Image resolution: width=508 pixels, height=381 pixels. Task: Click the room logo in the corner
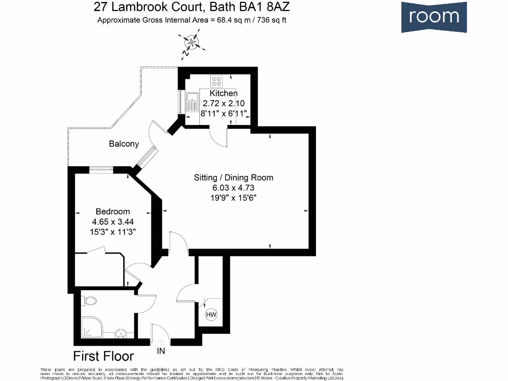point(434,17)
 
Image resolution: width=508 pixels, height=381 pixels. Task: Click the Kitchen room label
point(224,93)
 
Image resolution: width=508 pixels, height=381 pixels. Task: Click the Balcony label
point(124,144)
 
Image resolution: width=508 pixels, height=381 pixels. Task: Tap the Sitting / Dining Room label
point(233,178)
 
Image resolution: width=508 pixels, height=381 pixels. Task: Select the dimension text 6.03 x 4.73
point(233,188)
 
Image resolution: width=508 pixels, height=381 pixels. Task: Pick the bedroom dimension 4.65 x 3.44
point(113,222)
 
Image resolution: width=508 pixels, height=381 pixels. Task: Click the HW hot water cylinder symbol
point(210,315)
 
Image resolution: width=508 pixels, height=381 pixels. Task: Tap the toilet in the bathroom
point(90,301)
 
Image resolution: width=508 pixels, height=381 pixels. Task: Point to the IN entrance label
point(161,351)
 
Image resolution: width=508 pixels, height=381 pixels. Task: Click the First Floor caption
point(103,356)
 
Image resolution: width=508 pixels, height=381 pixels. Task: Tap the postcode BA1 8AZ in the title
point(270,7)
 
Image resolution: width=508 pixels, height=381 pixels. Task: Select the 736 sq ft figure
point(270,20)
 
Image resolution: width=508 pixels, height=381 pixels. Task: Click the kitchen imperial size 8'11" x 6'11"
point(224,114)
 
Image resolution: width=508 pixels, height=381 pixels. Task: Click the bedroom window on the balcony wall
point(101,170)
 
